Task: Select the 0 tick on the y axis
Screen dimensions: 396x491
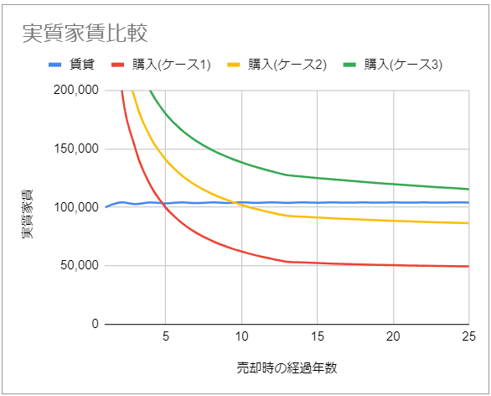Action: (x=95, y=325)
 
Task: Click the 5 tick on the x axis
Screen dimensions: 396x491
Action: (x=166, y=337)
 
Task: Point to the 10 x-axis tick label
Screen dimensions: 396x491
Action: (x=241, y=337)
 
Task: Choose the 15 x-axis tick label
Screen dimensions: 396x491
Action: (x=318, y=337)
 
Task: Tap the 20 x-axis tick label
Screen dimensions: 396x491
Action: (x=393, y=337)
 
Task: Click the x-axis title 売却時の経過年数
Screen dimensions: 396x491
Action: (x=287, y=368)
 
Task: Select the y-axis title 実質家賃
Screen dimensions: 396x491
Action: (x=29, y=207)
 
